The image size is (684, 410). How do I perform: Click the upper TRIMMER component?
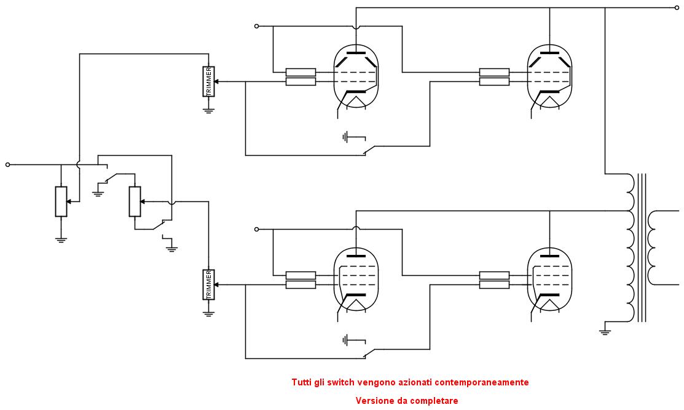click(x=208, y=81)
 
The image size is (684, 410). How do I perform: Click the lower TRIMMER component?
click(x=208, y=284)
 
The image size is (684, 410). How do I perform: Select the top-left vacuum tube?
click(x=356, y=76)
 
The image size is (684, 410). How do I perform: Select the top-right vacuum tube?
click(x=549, y=76)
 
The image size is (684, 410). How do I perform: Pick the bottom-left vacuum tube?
click(x=356, y=279)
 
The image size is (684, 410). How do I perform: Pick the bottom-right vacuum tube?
click(x=549, y=279)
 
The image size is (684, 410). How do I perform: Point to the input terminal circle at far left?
click(x=7, y=165)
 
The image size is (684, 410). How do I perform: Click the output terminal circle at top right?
click(x=677, y=7)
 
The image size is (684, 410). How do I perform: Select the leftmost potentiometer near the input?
click(x=61, y=201)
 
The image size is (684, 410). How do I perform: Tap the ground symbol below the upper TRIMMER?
click(x=208, y=110)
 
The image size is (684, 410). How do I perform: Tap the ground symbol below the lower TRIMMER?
click(x=208, y=313)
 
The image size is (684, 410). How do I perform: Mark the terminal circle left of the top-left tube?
click(x=256, y=26)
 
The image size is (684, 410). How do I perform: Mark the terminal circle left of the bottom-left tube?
click(x=256, y=229)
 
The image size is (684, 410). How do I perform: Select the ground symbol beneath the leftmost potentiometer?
click(x=61, y=239)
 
